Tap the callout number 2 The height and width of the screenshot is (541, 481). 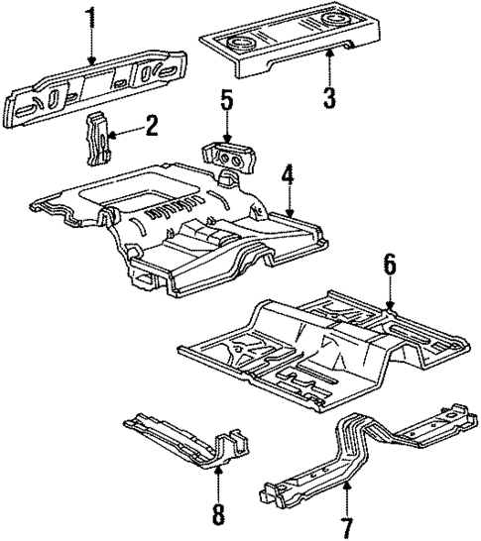151,125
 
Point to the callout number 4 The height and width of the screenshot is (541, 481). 287,177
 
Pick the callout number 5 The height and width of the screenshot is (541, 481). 226,101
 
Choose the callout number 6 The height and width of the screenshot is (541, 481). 390,266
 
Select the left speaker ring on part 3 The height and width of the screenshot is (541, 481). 241,43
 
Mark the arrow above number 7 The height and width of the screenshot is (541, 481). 346,490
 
